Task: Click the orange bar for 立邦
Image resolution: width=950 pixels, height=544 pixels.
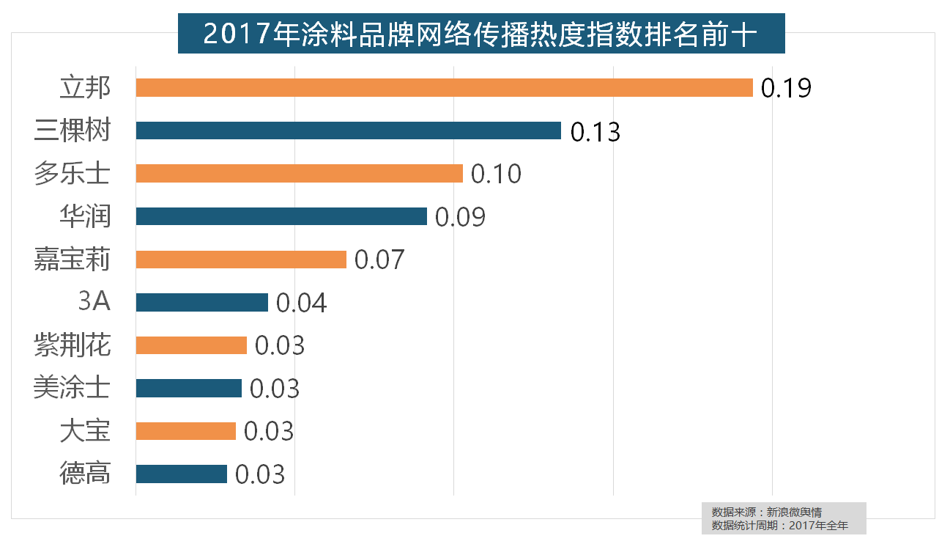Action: [444, 88]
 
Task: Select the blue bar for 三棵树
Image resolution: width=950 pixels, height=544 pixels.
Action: [348, 131]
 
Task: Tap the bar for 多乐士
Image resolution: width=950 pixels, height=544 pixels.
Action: [299, 174]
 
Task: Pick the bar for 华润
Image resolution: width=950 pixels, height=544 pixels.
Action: [281, 216]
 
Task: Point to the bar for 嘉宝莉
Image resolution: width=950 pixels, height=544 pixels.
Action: [241, 260]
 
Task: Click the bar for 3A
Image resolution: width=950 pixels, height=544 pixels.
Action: [201, 303]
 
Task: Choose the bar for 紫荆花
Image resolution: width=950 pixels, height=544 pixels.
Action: [191, 345]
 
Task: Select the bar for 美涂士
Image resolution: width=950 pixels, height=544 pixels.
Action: [188, 389]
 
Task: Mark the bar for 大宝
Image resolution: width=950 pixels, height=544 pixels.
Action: [185, 431]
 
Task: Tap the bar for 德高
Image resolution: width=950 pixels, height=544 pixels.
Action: [181, 474]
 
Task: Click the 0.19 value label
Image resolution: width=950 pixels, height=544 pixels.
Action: [786, 88]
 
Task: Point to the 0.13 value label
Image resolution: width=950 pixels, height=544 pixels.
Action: [595, 132]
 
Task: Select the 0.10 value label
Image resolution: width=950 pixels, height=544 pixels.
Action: [496, 174]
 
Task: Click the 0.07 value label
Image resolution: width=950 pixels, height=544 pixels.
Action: [379, 260]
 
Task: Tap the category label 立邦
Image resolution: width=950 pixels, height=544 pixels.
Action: [85, 88]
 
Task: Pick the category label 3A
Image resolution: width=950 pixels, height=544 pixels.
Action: [94, 302]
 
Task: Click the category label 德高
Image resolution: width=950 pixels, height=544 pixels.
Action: [85, 474]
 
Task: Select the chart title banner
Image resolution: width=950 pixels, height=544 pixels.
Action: [480, 34]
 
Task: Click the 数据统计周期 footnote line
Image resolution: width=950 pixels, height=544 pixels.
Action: [779, 526]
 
